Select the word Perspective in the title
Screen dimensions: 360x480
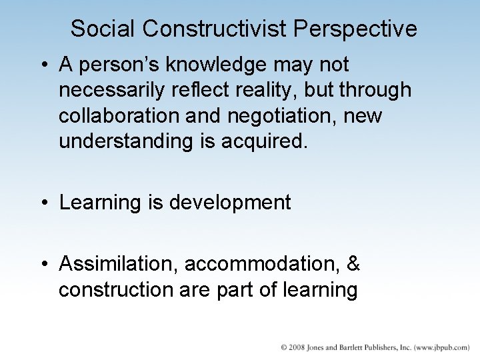(355, 29)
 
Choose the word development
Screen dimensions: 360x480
(230, 203)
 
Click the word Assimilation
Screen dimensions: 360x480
(119, 264)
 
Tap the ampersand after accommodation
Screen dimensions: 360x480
(354, 264)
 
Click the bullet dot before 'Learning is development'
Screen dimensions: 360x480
(44, 203)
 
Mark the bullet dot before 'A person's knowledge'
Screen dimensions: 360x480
(44, 65)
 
